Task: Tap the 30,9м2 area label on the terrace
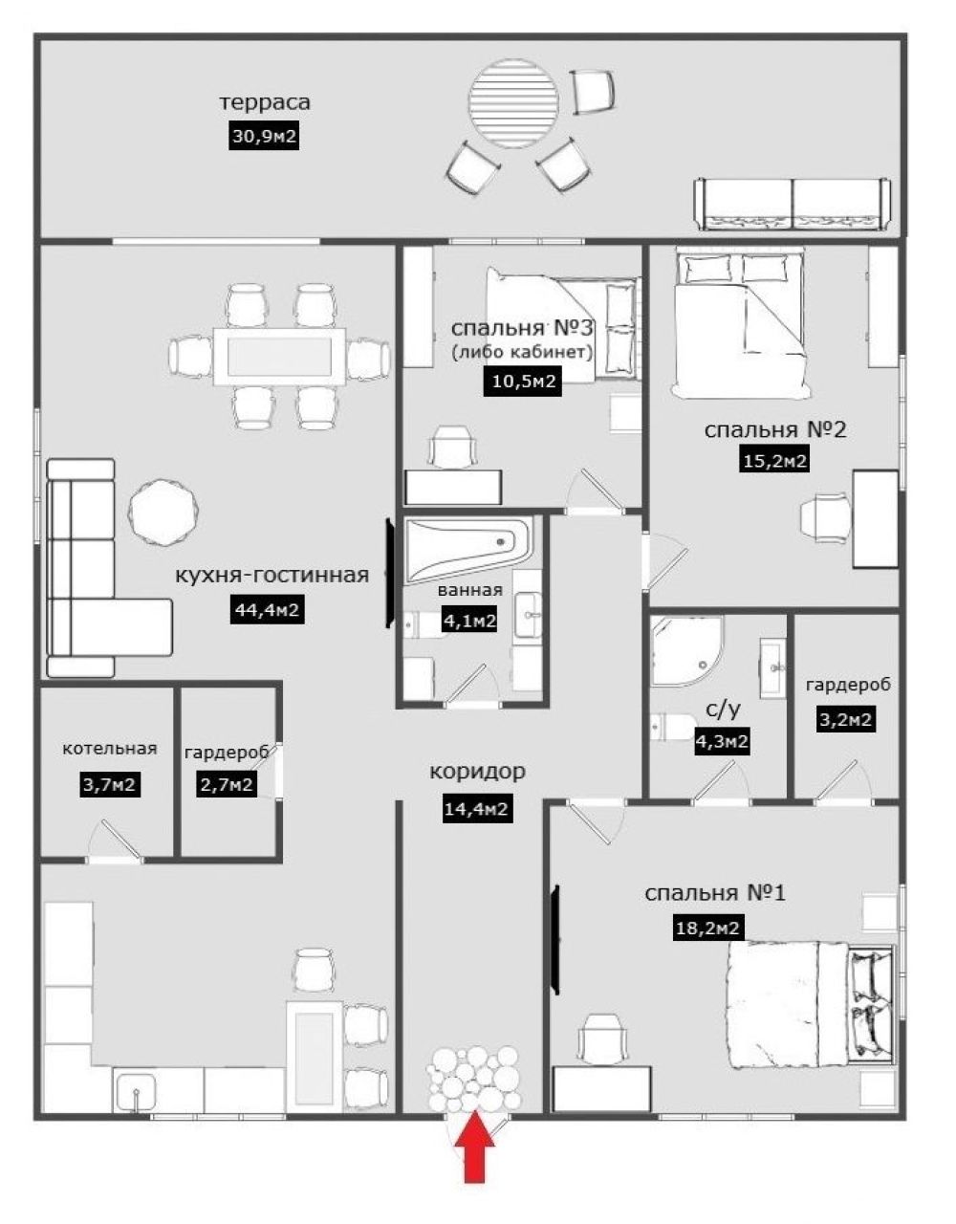(x=264, y=137)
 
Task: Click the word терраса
(x=265, y=102)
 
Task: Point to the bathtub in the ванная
(x=468, y=550)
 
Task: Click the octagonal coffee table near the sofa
(x=163, y=512)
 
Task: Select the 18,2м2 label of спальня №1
(x=707, y=928)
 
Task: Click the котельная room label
(x=109, y=748)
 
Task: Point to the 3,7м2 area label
(x=109, y=785)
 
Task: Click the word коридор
(x=477, y=772)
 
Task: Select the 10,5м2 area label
(x=523, y=382)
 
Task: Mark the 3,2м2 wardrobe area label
(x=845, y=719)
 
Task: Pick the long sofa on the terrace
(x=793, y=205)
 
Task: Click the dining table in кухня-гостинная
(x=279, y=356)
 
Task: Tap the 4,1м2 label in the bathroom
(x=470, y=621)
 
